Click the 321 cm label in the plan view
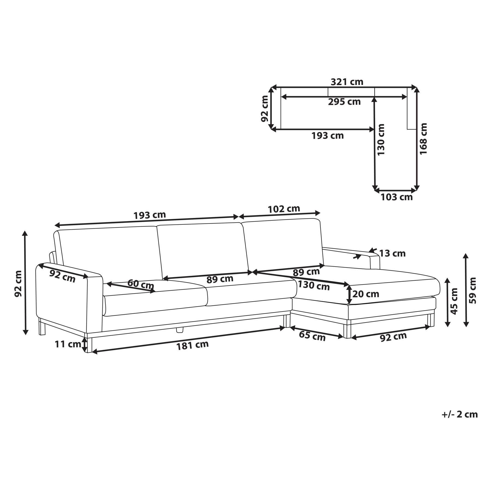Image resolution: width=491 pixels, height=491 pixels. pyautogui.click(x=347, y=82)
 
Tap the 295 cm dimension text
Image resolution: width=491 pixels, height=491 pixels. pyautogui.click(x=344, y=102)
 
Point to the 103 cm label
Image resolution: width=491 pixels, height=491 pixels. pyautogui.click(x=396, y=197)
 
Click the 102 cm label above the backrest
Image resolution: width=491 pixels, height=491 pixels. pyautogui.click(x=284, y=209)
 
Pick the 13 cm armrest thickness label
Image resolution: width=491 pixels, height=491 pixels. pyautogui.click(x=392, y=253)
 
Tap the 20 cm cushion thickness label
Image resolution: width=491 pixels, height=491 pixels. pyautogui.click(x=366, y=294)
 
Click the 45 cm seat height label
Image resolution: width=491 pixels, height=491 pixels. pyautogui.click(x=454, y=301)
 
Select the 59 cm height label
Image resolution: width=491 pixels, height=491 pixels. pyautogui.click(x=473, y=290)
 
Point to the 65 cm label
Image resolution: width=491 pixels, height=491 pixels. pyautogui.click(x=312, y=336)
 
